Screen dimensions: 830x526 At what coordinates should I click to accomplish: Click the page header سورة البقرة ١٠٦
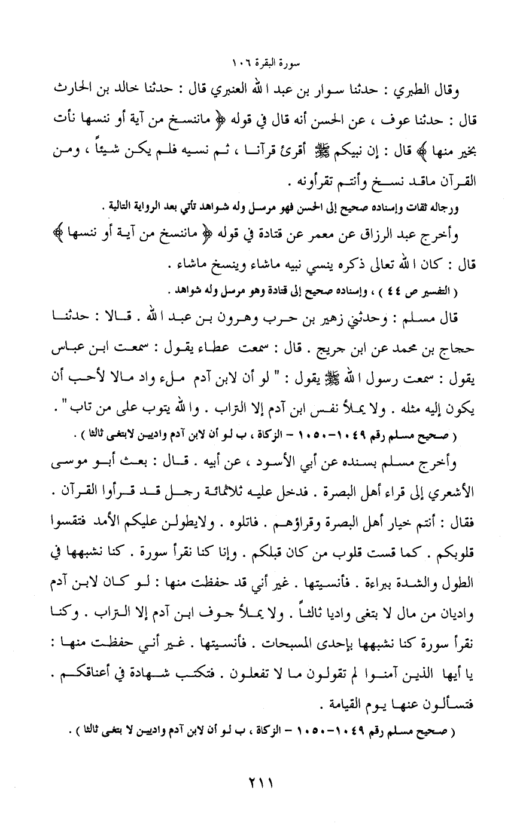[x=263, y=62]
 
